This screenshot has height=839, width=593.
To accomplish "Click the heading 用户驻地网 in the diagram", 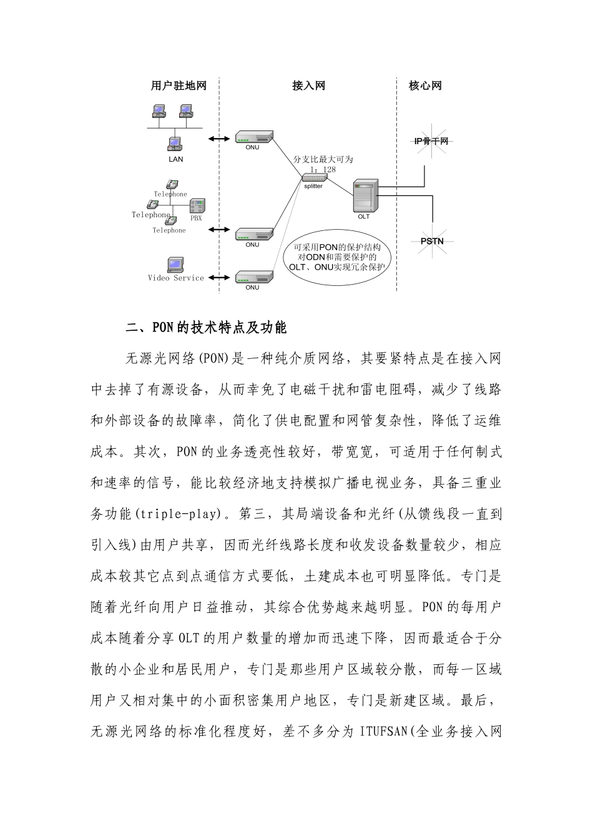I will [x=178, y=86].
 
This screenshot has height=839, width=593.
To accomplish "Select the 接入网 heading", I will [x=308, y=86].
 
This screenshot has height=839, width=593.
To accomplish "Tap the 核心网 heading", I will [x=425, y=86].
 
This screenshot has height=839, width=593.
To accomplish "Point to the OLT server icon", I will [x=365, y=197].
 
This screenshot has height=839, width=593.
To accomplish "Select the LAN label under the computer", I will [x=176, y=159].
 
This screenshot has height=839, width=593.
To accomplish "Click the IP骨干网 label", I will [x=431, y=142].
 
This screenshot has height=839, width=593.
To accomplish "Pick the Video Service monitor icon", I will [x=175, y=265].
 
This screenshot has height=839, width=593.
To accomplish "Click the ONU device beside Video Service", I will [x=254, y=277].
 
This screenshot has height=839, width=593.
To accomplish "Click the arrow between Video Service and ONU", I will [x=218, y=278].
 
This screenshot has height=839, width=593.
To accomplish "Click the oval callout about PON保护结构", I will [x=337, y=257].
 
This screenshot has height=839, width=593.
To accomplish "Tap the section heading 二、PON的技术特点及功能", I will [x=206, y=327].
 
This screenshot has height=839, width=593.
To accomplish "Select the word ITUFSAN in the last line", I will [x=385, y=731].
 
